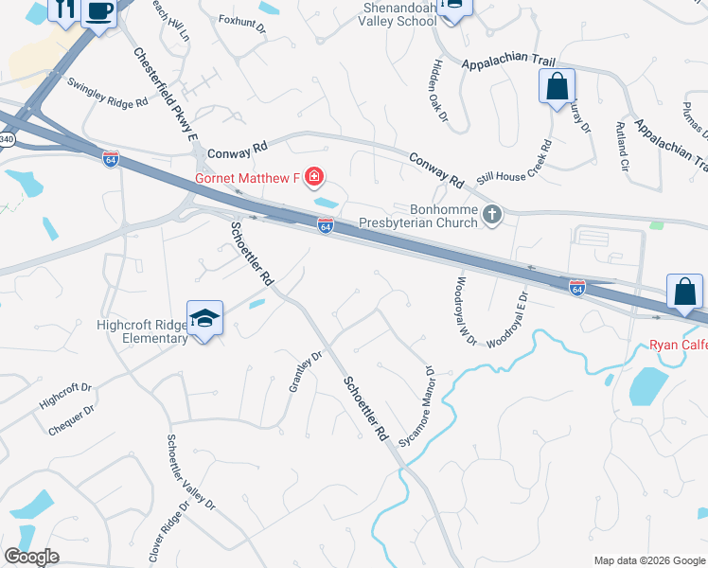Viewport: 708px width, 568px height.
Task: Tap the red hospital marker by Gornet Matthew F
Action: pos(313,178)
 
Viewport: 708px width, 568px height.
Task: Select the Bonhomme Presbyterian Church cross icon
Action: pos(492,215)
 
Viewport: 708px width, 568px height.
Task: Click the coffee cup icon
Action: pos(98,10)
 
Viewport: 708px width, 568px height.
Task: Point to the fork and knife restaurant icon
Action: pos(66,10)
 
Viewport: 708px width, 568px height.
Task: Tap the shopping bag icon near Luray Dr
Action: pos(557,86)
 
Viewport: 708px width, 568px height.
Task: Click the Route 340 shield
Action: pos(7,140)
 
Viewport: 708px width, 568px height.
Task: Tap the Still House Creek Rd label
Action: pos(514,163)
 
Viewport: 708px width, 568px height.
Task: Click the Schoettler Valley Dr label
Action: pos(191,473)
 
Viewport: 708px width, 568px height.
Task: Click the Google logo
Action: pos(31,556)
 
